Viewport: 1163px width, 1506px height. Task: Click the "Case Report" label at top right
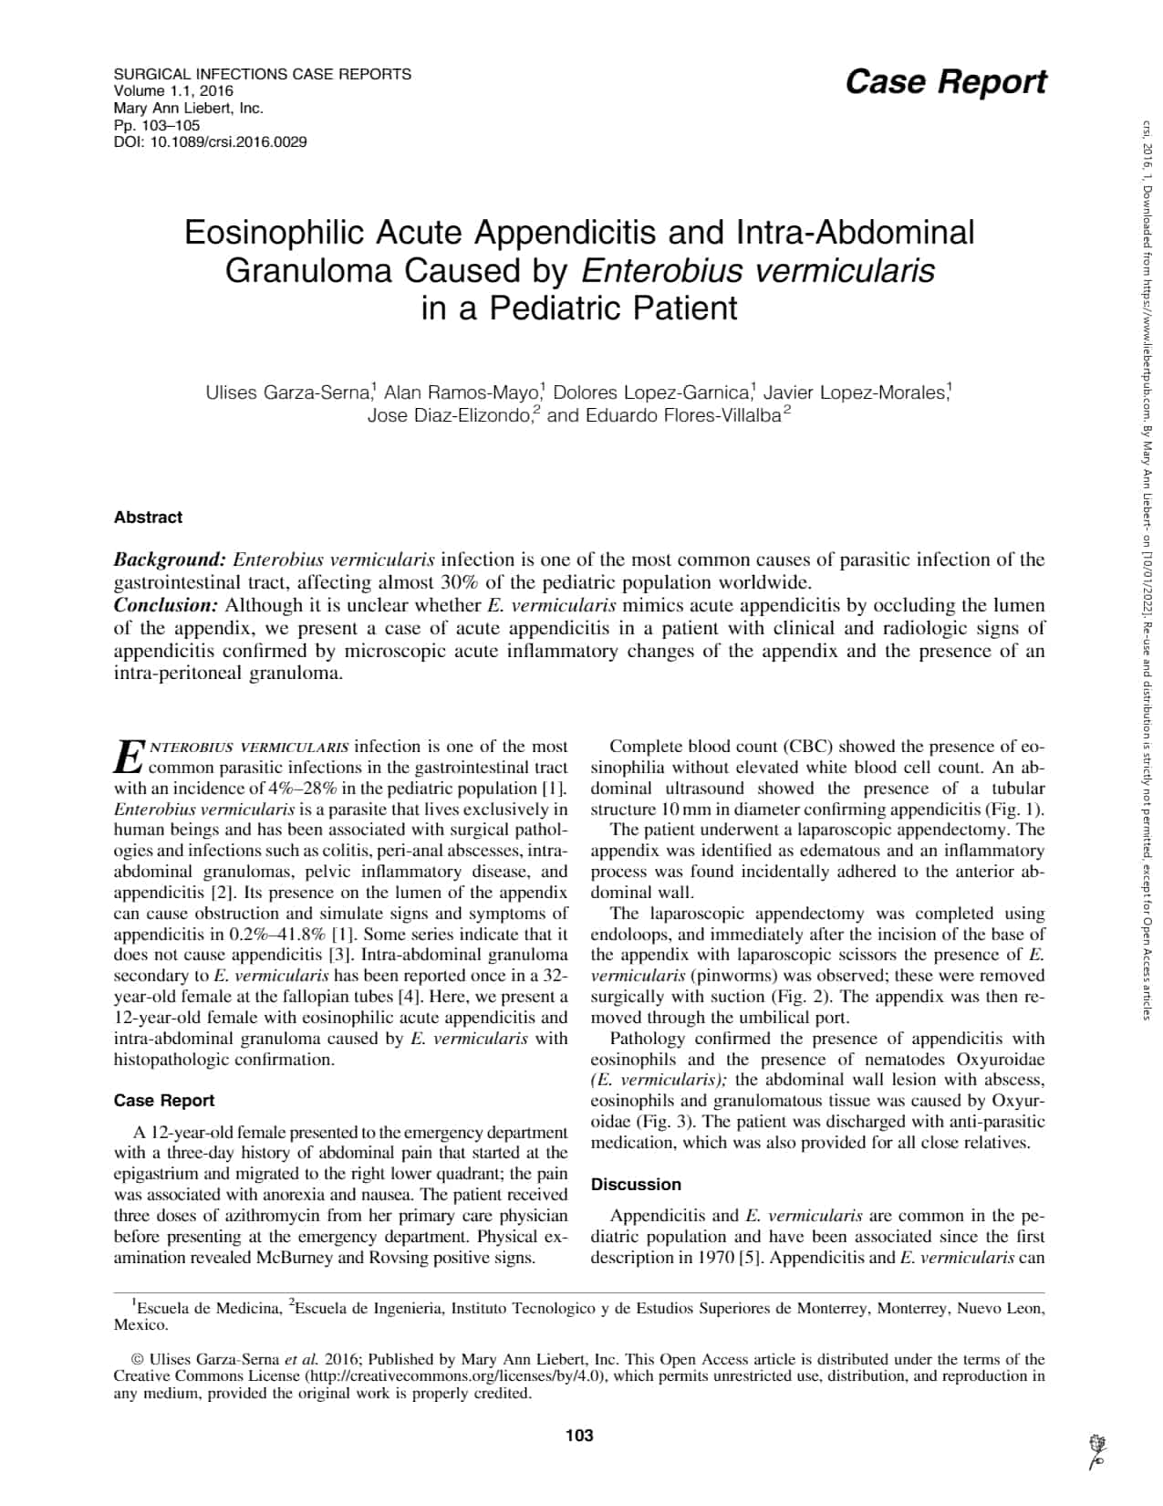click(945, 82)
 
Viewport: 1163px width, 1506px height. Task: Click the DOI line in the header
click(210, 142)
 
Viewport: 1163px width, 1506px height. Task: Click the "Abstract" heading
click(148, 518)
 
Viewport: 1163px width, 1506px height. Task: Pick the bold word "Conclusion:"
click(166, 605)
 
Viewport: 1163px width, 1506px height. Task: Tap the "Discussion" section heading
click(636, 1185)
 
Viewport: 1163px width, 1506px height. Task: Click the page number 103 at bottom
click(579, 1436)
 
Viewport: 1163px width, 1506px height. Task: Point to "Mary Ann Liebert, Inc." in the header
click(188, 108)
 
